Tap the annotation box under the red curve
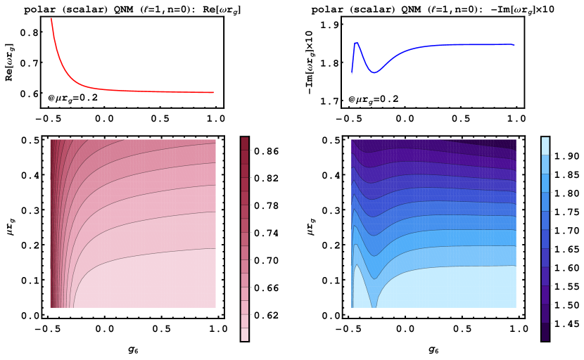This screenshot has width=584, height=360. tap(72, 98)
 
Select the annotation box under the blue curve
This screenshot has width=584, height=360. tap(373, 100)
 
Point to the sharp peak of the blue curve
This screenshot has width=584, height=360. tap(357, 44)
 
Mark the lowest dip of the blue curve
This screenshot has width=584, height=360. tap(374, 72)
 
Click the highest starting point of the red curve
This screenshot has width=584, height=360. tap(51, 19)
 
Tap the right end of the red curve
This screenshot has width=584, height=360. tap(212, 92)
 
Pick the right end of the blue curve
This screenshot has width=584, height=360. tap(514, 45)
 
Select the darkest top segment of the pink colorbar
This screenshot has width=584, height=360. tap(245, 143)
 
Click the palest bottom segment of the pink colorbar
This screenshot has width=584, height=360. tap(245, 334)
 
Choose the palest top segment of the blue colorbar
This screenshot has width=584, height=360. tap(545, 146)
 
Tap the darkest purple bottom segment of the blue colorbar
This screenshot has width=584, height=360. tap(545, 332)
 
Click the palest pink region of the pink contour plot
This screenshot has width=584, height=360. tap(155, 281)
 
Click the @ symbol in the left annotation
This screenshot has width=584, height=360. tap(51, 98)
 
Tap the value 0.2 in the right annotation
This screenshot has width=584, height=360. tap(389, 100)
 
